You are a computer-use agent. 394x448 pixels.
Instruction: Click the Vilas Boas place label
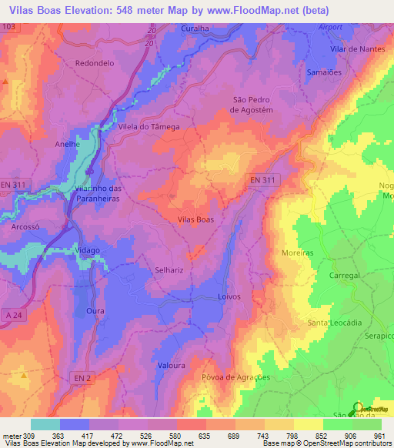[x=195, y=219]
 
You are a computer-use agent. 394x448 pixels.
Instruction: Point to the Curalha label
[x=195, y=28]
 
